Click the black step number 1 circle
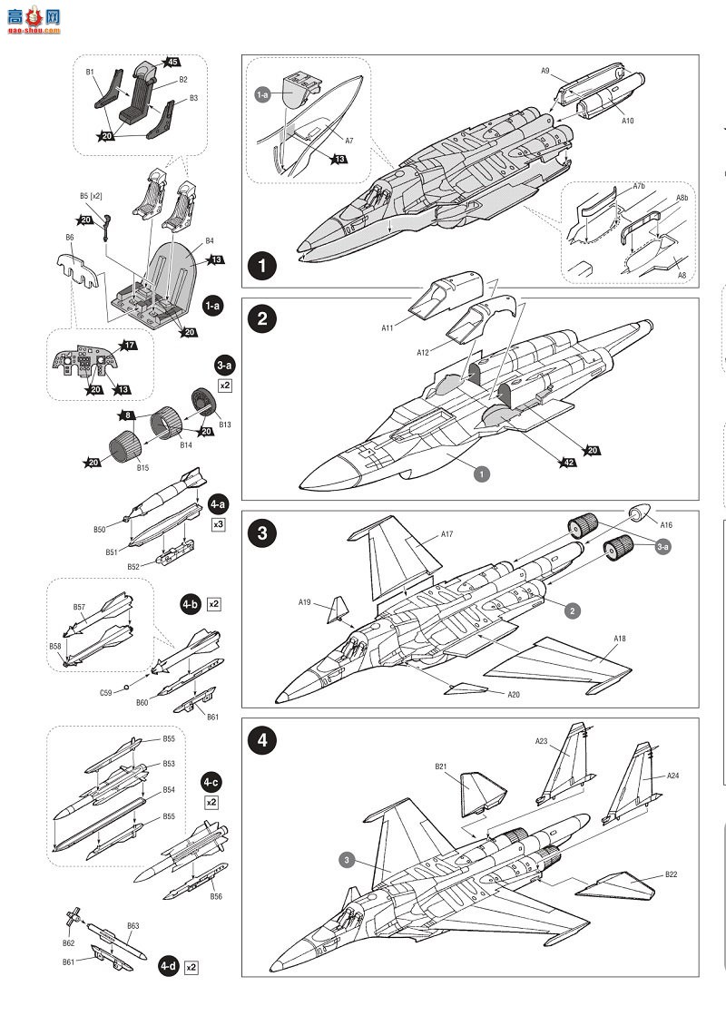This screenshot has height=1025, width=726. (263, 267)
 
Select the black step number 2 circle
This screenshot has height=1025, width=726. (262, 319)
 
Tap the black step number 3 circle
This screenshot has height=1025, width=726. (262, 532)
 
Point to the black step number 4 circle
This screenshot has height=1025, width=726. (262, 739)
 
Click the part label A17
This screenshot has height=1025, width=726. (447, 534)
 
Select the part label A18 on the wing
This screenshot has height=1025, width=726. (620, 639)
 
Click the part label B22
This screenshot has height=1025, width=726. (671, 874)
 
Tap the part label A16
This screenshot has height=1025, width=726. (666, 524)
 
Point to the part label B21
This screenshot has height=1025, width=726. (441, 766)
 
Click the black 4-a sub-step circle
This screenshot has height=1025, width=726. (218, 503)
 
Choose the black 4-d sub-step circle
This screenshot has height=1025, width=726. (168, 965)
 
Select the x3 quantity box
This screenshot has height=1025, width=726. (218, 524)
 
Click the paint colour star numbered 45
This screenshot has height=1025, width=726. (172, 62)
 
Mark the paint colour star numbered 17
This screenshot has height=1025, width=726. (129, 345)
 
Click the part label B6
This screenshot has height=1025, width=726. (70, 238)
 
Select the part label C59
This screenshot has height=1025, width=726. (106, 693)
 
